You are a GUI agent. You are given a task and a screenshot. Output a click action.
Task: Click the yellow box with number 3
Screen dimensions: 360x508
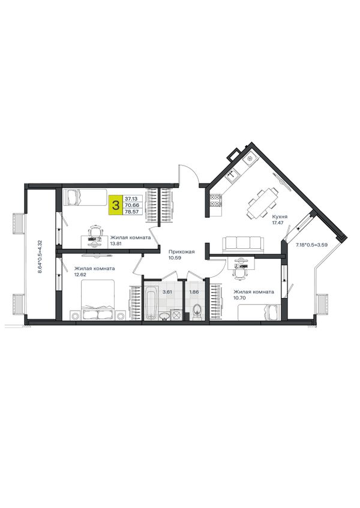point(115,205)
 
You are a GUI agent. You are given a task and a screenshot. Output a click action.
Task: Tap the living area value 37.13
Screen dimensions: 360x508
point(131,199)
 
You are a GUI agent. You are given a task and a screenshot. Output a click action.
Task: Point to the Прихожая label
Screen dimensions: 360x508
point(181,252)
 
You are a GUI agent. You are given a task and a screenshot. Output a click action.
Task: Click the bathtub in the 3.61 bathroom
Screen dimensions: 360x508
point(151,301)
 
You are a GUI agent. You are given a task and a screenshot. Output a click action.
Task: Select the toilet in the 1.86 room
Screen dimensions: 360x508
point(197,312)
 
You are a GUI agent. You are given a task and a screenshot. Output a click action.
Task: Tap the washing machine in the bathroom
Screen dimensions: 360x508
point(176,315)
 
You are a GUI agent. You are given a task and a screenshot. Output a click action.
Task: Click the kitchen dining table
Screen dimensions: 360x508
point(263,205)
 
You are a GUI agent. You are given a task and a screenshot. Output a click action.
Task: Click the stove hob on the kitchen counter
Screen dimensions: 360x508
point(216,200)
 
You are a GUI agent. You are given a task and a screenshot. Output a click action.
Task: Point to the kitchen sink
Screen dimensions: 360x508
point(233,176)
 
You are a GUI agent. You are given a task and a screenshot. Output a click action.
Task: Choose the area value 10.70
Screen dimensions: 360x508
point(239,297)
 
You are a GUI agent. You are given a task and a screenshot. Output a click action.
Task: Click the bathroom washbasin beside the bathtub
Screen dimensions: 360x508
point(164,315)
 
